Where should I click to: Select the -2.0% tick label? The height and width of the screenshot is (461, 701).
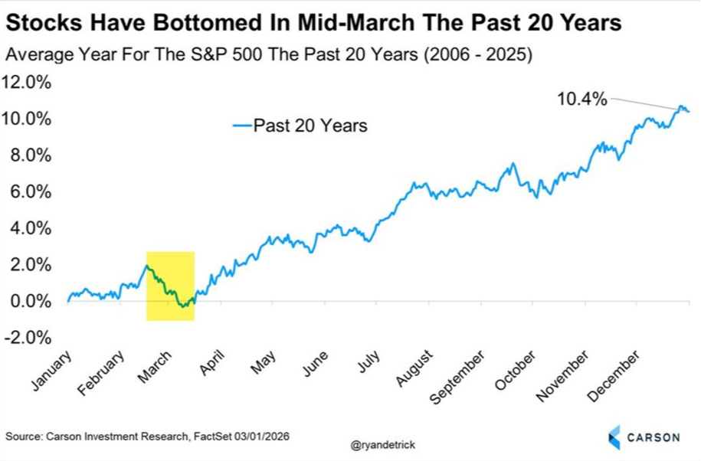coord(28,338)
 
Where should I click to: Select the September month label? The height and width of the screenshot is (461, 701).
coord(458,377)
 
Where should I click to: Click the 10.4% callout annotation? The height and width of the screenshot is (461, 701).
coord(582,99)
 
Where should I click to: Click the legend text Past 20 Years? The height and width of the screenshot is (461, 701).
coord(310,126)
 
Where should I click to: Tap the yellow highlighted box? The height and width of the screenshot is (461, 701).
coord(170,286)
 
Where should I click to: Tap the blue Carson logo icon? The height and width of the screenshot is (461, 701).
coord(614,437)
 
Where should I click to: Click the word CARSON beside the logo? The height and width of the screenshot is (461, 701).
coord(654,437)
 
